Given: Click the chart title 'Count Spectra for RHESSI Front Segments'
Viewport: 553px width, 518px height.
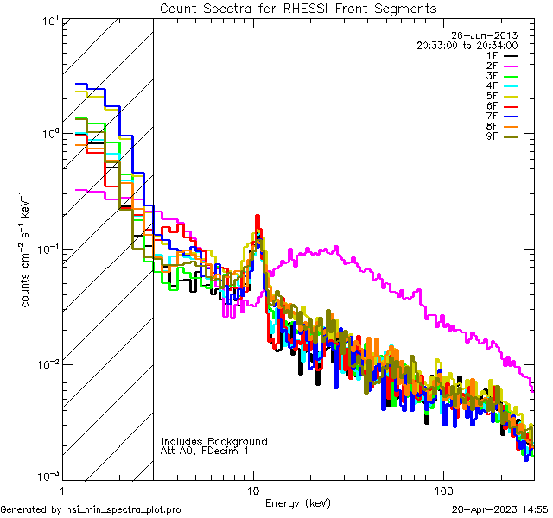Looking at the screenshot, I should (298, 9).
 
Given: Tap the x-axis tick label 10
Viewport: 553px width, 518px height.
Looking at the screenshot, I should (252, 489).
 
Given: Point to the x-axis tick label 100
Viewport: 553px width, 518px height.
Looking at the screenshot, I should (442, 489).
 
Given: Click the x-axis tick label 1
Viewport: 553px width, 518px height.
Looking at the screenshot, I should (62, 489).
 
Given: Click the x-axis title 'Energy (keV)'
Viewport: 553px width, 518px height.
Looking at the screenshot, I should (298, 502).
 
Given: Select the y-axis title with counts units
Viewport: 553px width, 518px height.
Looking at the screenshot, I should (27, 249).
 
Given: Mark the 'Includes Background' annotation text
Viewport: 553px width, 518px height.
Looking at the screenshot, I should (214, 441).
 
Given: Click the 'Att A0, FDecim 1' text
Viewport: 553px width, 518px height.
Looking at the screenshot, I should (205, 451).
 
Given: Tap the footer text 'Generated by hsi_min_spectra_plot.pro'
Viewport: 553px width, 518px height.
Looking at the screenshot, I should (91, 509).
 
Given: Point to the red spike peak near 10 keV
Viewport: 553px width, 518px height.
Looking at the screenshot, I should (257, 218).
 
